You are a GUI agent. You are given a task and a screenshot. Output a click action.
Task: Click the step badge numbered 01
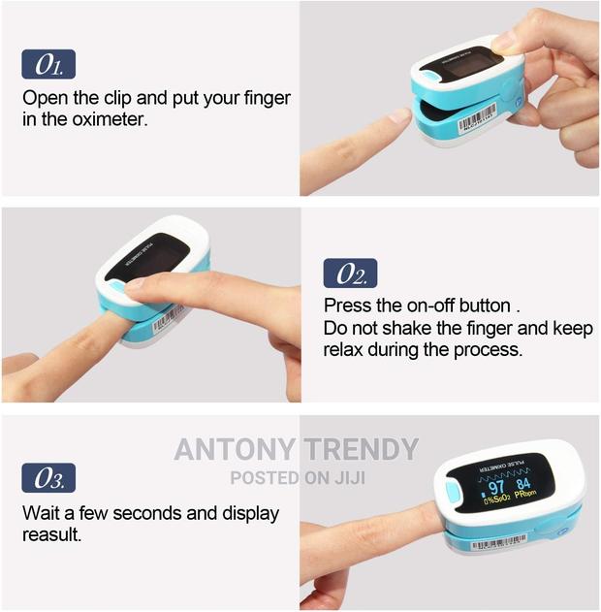click(x=47, y=65)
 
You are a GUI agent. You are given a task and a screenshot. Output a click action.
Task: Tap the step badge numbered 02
click(x=349, y=274)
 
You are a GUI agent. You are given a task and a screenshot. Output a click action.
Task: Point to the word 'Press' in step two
click(x=346, y=306)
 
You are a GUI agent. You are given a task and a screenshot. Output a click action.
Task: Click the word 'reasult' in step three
click(x=54, y=534)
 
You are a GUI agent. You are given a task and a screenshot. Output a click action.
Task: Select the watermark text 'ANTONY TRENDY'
click(x=296, y=450)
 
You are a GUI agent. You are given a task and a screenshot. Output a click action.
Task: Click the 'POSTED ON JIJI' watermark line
click(x=295, y=477)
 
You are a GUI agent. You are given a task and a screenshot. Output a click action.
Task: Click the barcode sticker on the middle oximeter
click(x=168, y=319)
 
